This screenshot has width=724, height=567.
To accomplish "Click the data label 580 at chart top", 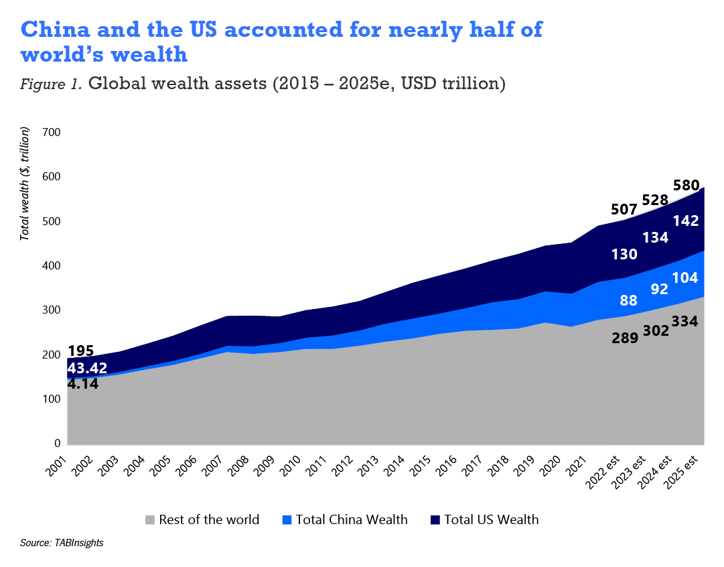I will pyautogui.click(x=686, y=186).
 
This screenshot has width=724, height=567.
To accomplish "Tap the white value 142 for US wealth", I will pyautogui.click(x=686, y=221).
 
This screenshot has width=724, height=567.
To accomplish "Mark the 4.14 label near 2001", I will pyautogui.click(x=84, y=384).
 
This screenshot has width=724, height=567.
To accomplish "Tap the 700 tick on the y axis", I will pyautogui.click(x=52, y=133).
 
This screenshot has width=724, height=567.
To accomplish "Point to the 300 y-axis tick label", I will pyautogui.click(x=52, y=311).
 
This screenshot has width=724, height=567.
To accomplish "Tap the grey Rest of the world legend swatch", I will pyautogui.click(x=150, y=520).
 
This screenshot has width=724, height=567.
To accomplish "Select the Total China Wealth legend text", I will pyautogui.click(x=351, y=520).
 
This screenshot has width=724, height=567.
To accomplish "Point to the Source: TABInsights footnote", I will pyautogui.click(x=62, y=542).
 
